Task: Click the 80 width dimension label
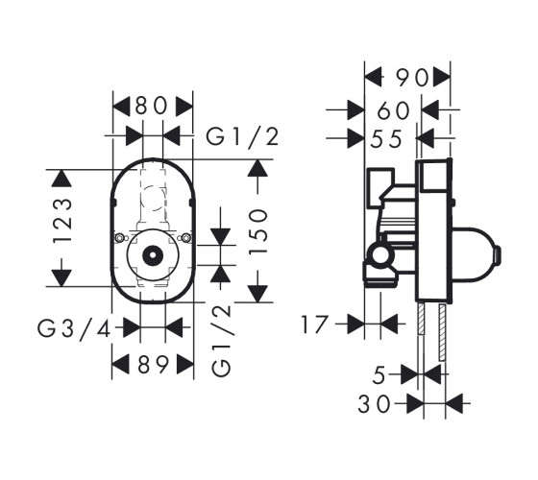[x=151, y=107]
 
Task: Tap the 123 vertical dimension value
[x=62, y=221]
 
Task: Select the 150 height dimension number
[x=258, y=231]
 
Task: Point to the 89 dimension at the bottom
[x=154, y=364]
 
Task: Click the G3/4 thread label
[x=74, y=329]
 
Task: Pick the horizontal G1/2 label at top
[x=242, y=136]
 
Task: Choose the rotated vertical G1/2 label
[x=221, y=341]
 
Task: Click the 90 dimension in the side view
[x=412, y=78]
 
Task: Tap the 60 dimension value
[x=394, y=110]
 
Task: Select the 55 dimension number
[x=386, y=138]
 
